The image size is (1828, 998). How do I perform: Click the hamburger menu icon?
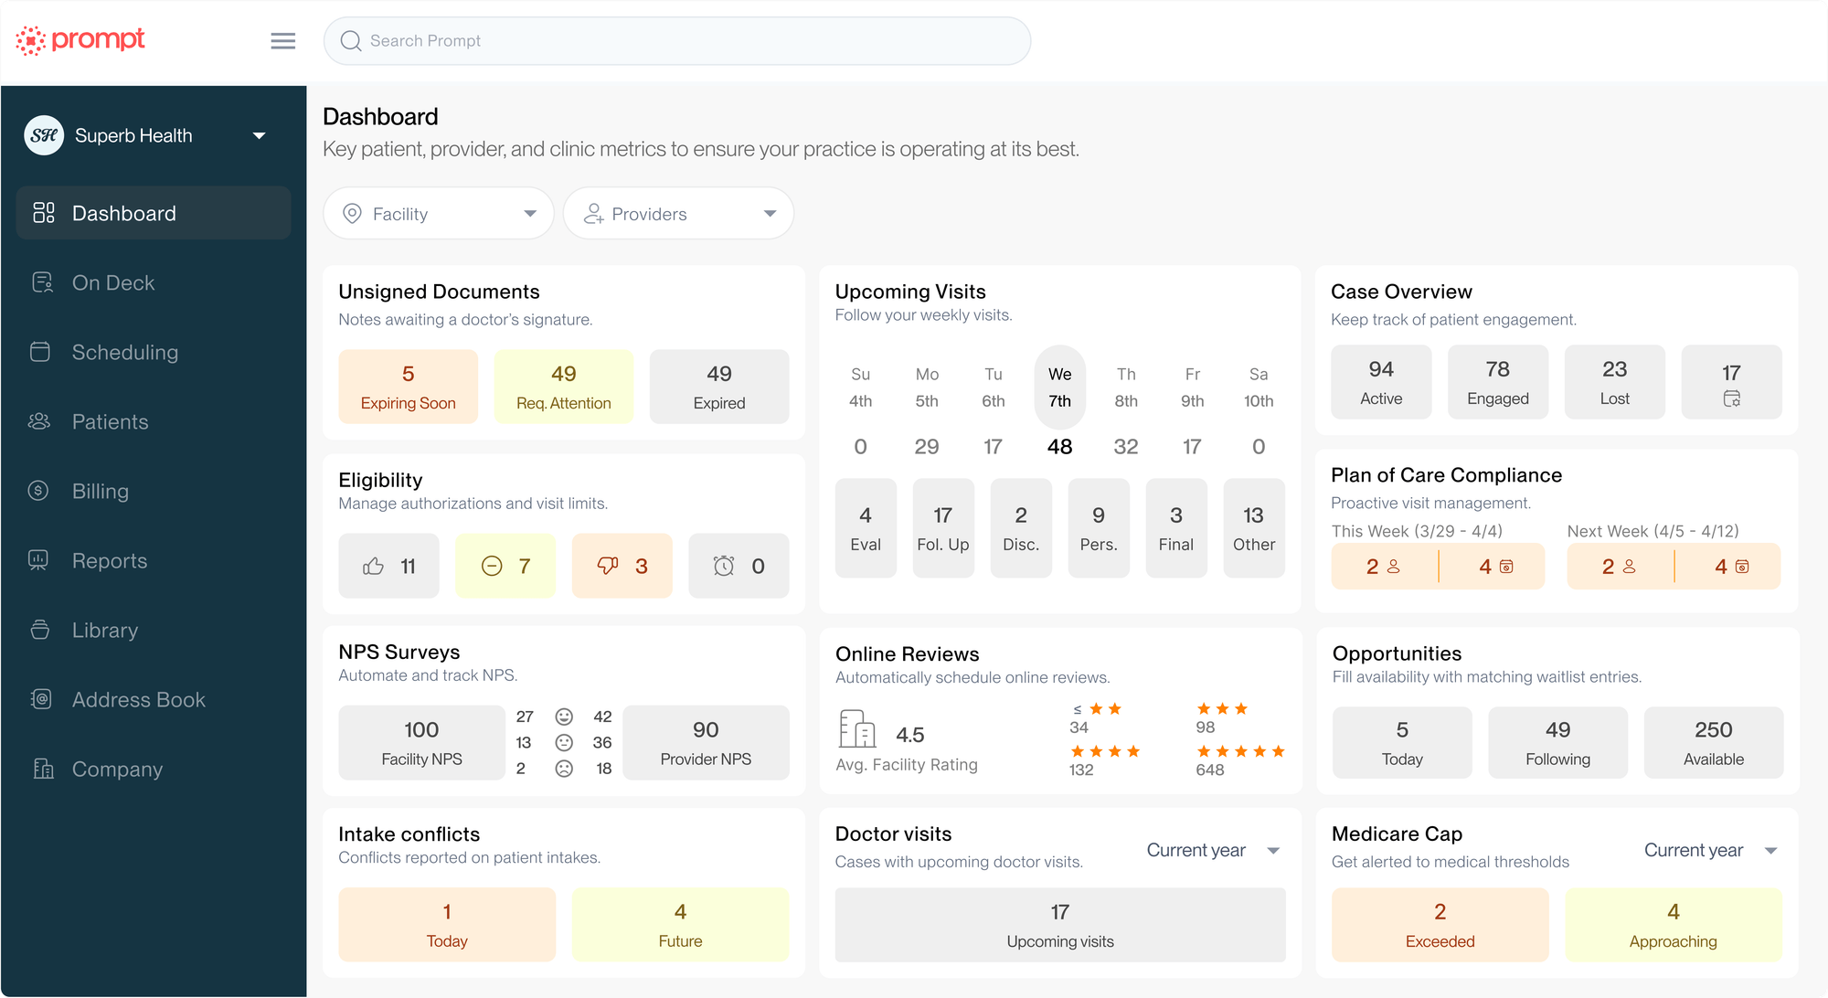[283, 41]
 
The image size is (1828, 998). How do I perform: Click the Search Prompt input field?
[676, 41]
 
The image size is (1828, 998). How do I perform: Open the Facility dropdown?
[439, 214]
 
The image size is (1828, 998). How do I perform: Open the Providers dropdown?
[678, 214]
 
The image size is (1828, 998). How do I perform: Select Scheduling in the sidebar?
[124, 353]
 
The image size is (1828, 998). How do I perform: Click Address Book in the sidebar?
[138, 700]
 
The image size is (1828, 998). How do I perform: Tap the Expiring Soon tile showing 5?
[408, 387]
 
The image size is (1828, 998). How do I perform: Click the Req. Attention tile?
[563, 387]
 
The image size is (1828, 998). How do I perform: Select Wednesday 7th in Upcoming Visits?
[1059, 388]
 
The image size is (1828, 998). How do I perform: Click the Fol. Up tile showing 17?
[942, 528]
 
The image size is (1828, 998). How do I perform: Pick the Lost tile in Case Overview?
[1614, 382]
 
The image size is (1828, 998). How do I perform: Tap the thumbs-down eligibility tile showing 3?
[622, 567]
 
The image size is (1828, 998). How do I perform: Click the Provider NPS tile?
[706, 742]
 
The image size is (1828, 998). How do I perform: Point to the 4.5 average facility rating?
[909, 735]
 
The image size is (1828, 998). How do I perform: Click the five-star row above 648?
[1240, 751]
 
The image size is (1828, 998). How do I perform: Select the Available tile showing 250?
[1713, 742]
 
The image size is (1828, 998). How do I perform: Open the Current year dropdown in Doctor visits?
[1212, 851]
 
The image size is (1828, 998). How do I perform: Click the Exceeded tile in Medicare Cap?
[1440, 925]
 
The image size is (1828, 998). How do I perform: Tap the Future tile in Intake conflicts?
[680, 925]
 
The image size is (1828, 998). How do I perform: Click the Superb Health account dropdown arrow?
[260, 136]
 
